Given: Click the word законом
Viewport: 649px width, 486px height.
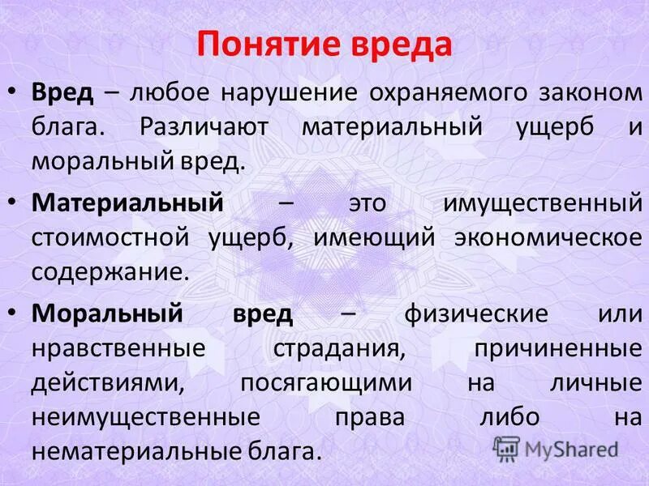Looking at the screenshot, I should pos(584,92).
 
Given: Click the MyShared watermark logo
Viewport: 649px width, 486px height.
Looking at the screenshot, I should pos(556,447).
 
